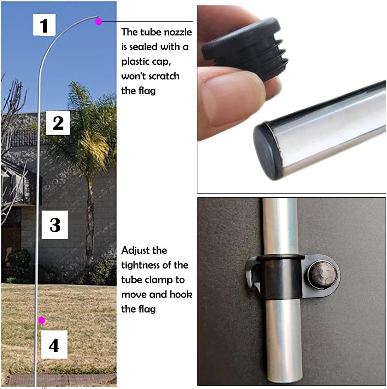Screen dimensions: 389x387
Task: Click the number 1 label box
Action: (44, 25)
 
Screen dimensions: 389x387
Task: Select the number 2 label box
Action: (58, 123)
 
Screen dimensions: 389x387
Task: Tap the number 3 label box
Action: (55, 225)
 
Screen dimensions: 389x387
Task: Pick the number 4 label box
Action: (54, 345)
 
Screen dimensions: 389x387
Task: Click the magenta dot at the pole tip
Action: (99, 22)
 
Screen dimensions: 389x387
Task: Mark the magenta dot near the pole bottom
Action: (42, 320)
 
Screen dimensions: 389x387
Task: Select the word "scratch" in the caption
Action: (162, 76)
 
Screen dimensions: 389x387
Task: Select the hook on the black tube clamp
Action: (252, 275)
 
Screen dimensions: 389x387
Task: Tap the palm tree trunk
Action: (91, 227)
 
